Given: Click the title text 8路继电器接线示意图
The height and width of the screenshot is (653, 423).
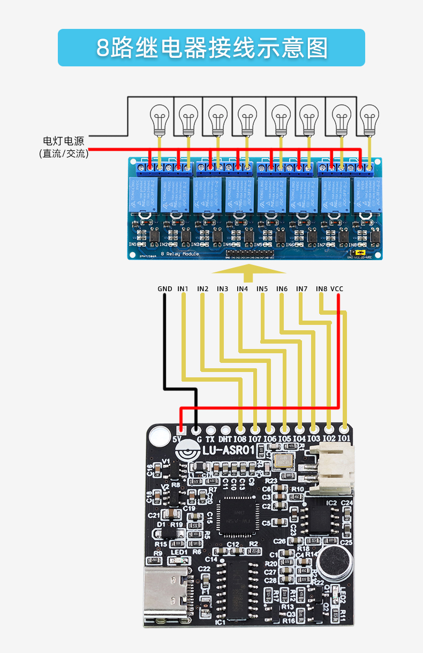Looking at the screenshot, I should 211,48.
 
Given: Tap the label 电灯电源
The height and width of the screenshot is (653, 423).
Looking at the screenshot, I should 64,141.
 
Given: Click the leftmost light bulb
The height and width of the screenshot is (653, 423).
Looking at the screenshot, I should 158,119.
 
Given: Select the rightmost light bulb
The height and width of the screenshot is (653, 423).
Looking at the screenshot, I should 369,119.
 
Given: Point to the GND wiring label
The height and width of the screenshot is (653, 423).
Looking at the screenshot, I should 165,289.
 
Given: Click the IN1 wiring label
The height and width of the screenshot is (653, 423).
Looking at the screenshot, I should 183,289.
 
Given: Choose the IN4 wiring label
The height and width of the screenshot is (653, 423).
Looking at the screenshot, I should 243,289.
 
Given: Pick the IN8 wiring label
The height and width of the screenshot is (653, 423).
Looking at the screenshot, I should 322,289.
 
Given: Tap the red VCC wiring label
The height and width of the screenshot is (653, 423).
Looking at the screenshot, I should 337,289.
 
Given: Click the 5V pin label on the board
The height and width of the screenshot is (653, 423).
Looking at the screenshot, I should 179,440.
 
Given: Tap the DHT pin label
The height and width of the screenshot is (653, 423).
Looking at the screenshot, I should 225,439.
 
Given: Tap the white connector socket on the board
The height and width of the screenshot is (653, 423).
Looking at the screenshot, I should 331,470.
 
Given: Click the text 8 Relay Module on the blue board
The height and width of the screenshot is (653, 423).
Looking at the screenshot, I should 180,253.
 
